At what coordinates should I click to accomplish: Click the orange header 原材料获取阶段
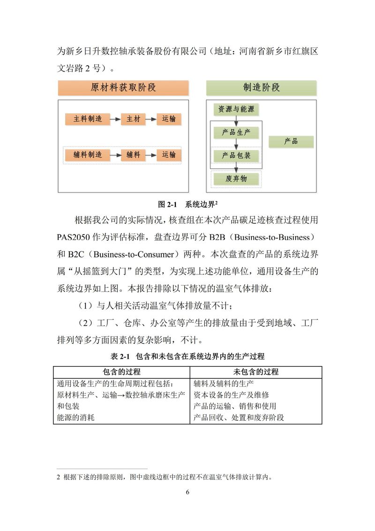[123, 88]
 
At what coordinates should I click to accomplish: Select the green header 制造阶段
[261, 88]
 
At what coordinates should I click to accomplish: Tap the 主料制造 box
[87, 119]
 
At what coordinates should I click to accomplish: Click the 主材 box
[133, 119]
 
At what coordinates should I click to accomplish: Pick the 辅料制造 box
[87, 154]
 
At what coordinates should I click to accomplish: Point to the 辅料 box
[133, 154]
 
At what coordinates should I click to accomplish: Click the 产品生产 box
[236, 133]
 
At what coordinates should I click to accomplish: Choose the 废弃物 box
[236, 179]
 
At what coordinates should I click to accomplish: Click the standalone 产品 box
[291, 141]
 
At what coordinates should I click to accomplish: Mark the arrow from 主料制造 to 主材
[115, 119]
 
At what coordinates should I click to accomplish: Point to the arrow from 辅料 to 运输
[151, 154]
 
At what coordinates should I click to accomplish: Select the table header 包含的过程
[121, 372]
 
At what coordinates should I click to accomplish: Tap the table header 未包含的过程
[256, 372]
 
